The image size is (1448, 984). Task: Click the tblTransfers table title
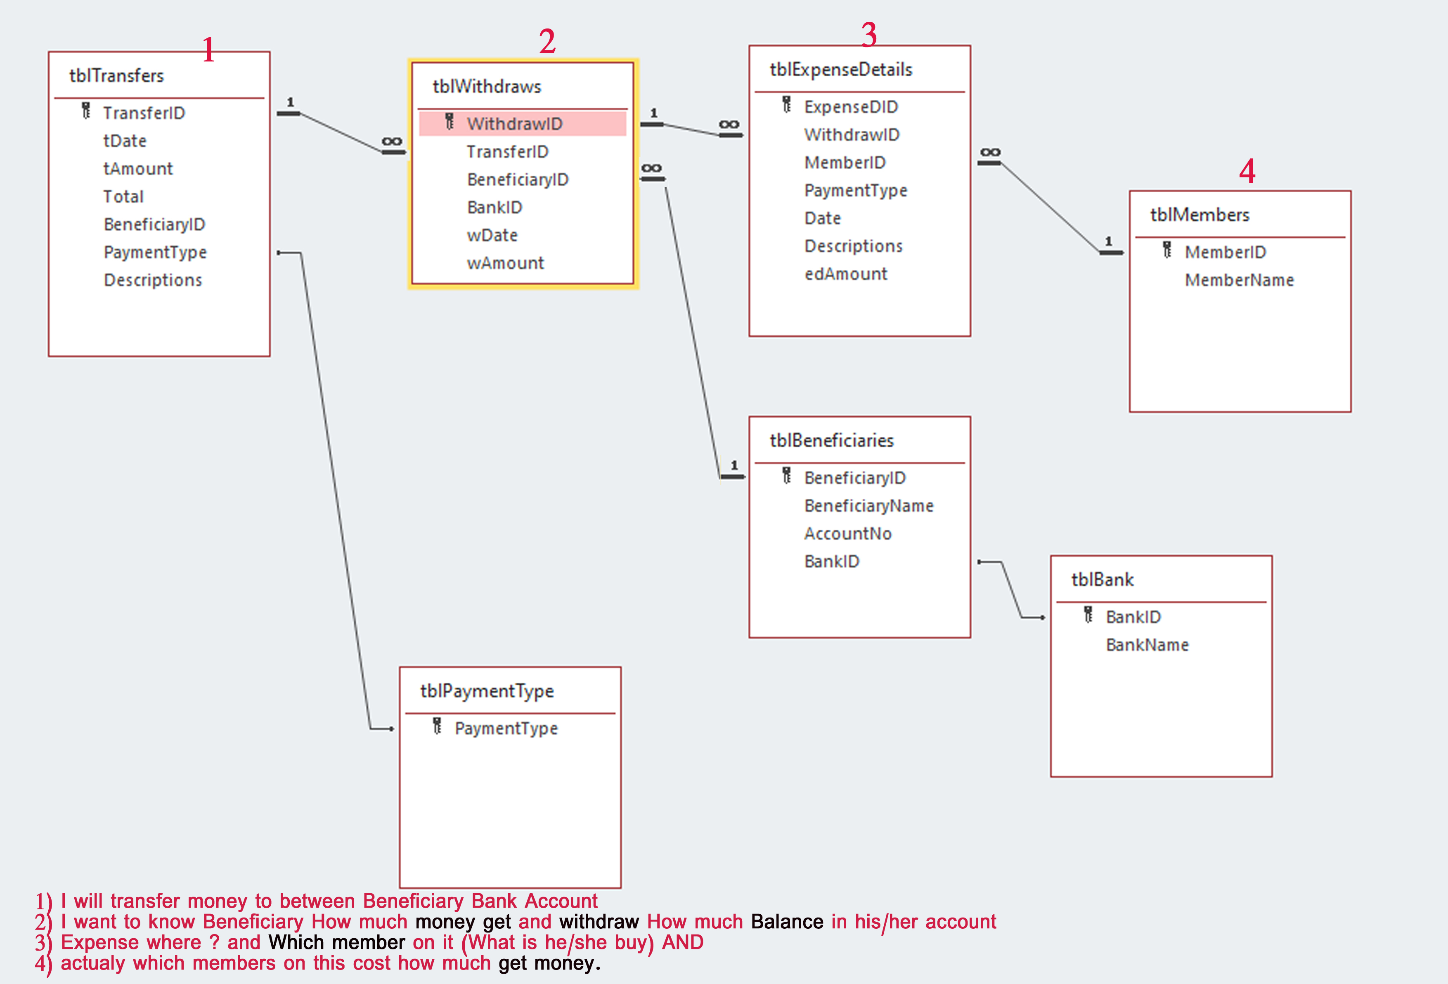[x=116, y=76]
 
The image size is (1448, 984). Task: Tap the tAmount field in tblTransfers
[x=138, y=169]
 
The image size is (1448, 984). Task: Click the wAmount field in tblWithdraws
[x=505, y=263]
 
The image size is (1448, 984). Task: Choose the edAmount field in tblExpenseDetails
[x=845, y=274]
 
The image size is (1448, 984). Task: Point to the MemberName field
[x=1239, y=280]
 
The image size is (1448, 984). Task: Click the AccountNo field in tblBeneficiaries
[x=847, y=534]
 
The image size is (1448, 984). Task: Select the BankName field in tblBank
[x=1147, y=645]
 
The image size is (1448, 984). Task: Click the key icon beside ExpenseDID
[x=787, y=105]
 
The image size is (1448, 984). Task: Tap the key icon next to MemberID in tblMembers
[x=1167, y=250]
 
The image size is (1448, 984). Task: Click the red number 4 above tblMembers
[x=1247, y=171]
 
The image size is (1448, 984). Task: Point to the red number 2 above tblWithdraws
[x=547, y=42]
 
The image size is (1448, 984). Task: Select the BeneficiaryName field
[x=868, y=506]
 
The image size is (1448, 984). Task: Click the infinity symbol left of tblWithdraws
[x=391, y=142]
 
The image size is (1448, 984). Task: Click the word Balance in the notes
[x=787, y=922]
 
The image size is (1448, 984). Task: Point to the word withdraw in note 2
[x=599, y=922]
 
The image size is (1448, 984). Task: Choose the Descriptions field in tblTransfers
[x=153, y=280]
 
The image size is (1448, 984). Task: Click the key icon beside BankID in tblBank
[x=1088, y=615]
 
